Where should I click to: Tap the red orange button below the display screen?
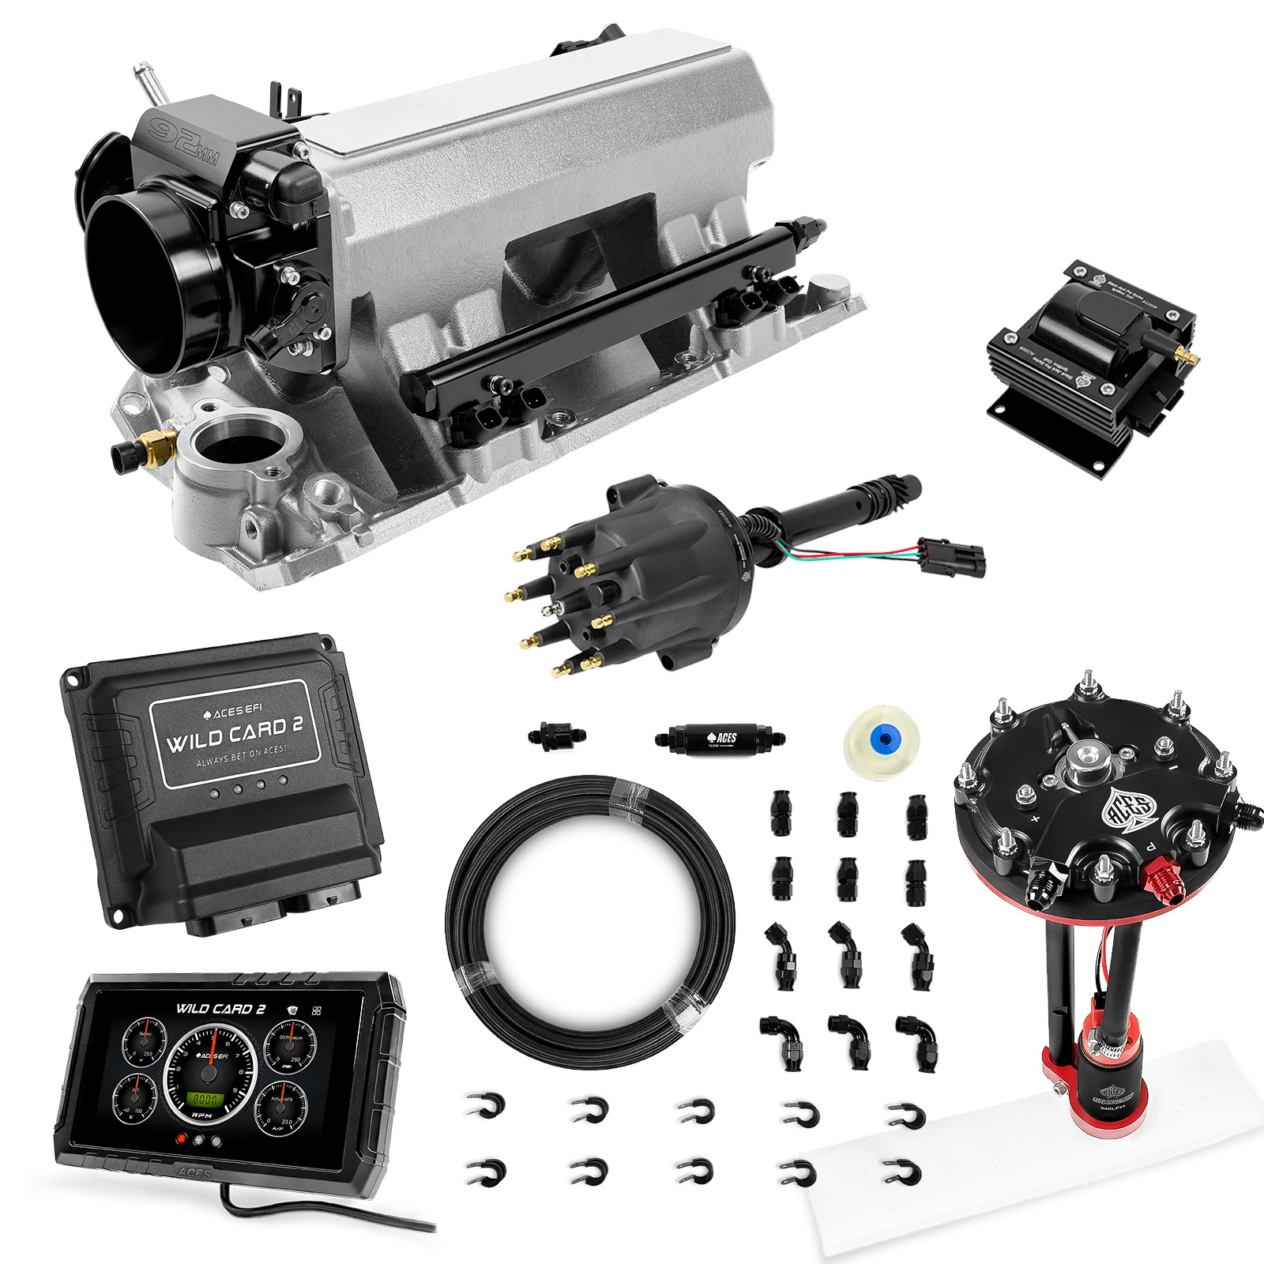pos(182,1139)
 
